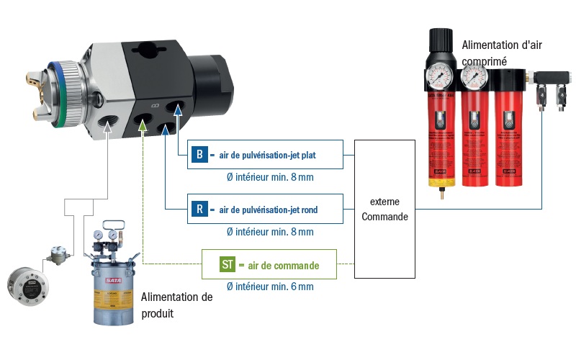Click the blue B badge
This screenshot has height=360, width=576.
[x=199, y=155]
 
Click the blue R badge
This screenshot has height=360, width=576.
[x=199, y=210]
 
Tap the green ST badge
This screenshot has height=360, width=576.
[x=228, y=264]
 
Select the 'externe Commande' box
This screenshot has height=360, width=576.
[x=385, y=210]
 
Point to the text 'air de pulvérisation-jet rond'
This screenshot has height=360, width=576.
[x=268, y=210]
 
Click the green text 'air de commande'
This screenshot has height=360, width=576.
[x=283, y=265]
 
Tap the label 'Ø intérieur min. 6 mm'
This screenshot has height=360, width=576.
[x=270, y=287]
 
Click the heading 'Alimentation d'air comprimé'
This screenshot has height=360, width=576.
[x=501, y=53]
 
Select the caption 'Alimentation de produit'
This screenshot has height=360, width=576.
[x=177, y=305]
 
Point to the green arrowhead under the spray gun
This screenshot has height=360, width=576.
[x=143, y=127]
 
